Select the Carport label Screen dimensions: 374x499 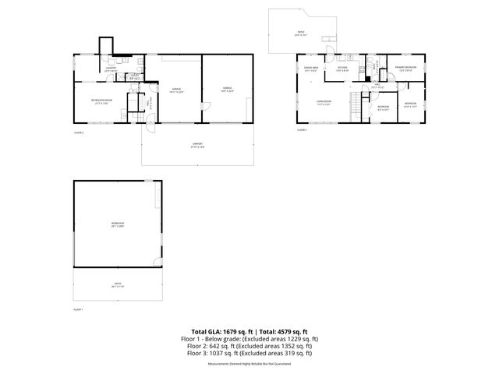coord(197,146)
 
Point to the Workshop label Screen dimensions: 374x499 coord(118,224)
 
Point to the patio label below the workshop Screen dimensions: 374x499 coord(118,286)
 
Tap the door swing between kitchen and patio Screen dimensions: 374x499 coord(331,54)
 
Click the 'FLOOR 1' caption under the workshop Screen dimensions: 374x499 coord(78,309)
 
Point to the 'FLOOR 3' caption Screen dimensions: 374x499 coord(302,130)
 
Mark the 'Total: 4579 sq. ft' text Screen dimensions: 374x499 coord(280,332)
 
